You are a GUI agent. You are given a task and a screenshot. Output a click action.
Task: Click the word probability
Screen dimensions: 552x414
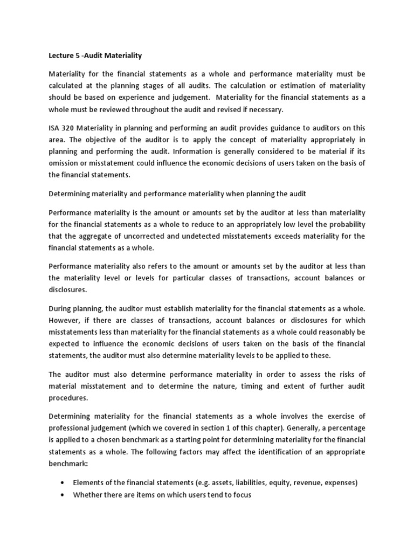(x=345, y=224)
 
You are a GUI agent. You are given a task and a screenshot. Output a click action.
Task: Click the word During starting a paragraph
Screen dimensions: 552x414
(x=61, y=308)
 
